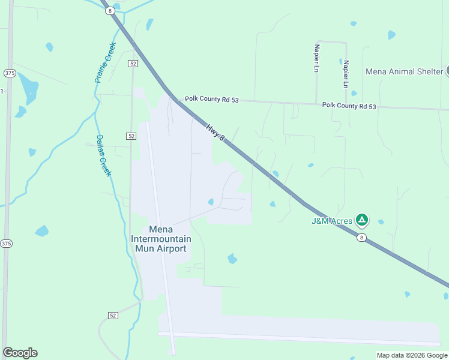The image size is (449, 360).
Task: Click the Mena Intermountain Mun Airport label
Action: pyautogui.click(x=161, y=239)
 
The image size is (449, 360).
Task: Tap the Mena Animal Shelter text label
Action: pyautogui.click(x=405, y=71)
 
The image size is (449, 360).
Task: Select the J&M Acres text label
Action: pyautogui.click(x=332, y=221)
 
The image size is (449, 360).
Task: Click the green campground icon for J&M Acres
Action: pyautogui.click(x=361, y=220)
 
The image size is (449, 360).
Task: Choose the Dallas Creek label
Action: pyautogui.click(x=104, y=155)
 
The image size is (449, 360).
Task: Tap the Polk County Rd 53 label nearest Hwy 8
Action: pyautogui.click(x=211, y=99)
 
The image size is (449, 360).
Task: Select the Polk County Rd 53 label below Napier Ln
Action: pyautogui.click(x=349, y=106)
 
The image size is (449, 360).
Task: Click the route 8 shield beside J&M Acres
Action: pyautogui.click(x=361, y=238)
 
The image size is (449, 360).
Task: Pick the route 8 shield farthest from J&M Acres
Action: pyautogui.click(x=109, y=11)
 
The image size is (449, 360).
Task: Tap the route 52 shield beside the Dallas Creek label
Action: pyautogui.click(x=131, y=136)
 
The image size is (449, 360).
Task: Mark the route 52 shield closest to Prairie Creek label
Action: pyautogui.click(x=133, y=63)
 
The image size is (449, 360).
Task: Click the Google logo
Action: pyautogui.click(x=20, y=353)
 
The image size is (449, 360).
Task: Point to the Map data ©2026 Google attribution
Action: pyautogui.click(x=412, y=355)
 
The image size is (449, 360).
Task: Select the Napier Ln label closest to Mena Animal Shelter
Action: pyautogui.click(x=346, y=74)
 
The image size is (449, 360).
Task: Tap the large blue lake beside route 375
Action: pyautogui.click(x=28, y=87)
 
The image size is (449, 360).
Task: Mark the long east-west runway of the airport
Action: pyautogui.click(x=300, y=335)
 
